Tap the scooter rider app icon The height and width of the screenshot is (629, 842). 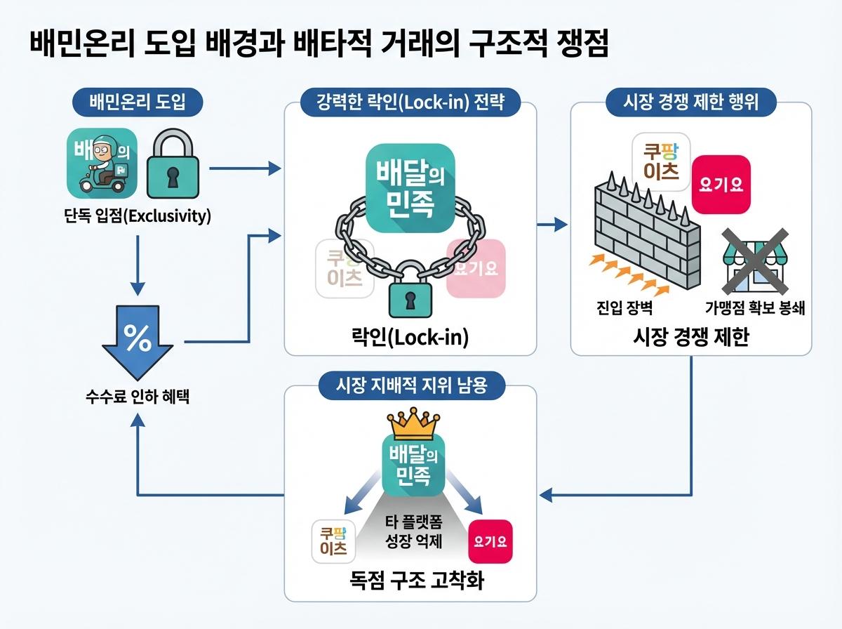[101, 164]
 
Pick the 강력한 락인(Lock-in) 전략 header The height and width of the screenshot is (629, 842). [410, 102]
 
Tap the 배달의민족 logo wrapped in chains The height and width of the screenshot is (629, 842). [410, 181]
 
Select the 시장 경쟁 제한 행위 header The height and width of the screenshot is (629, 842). [690, 102]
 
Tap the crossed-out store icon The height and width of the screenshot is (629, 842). [754, 263]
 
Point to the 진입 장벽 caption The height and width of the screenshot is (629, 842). [620, 307]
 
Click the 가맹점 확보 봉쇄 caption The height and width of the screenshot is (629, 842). [754, 307]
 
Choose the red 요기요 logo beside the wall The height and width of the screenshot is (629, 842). [721, 184]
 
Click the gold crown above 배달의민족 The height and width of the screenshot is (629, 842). [412, 423]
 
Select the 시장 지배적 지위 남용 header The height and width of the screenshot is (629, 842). [411, 385]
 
